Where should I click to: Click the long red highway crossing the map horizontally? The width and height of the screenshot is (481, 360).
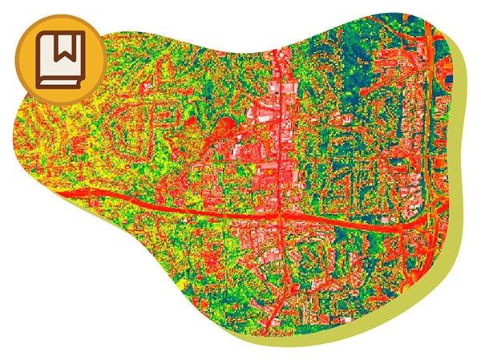coord(200,208)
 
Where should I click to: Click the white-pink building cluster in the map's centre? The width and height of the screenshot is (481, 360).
coord(265,120)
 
